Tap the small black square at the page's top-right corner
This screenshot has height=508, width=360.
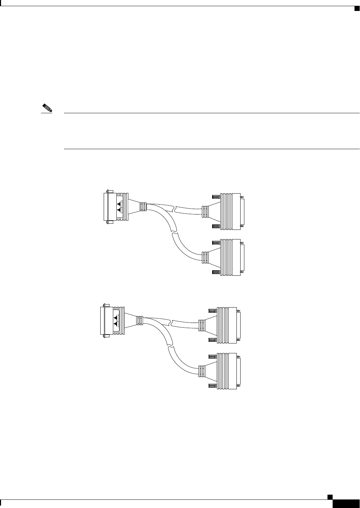point(356,8)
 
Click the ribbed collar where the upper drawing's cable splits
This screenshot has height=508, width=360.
point(143,207)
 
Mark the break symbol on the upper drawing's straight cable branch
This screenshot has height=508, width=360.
point(175,208)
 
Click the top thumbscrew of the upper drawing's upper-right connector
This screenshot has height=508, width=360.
point(216,197)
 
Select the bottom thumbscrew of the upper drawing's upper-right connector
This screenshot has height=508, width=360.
point(216,226)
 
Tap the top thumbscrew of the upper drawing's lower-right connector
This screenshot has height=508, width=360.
point(216,243)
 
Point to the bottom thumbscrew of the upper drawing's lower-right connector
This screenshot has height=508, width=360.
point(216,272)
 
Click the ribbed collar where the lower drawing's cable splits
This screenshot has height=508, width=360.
point(140,320)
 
